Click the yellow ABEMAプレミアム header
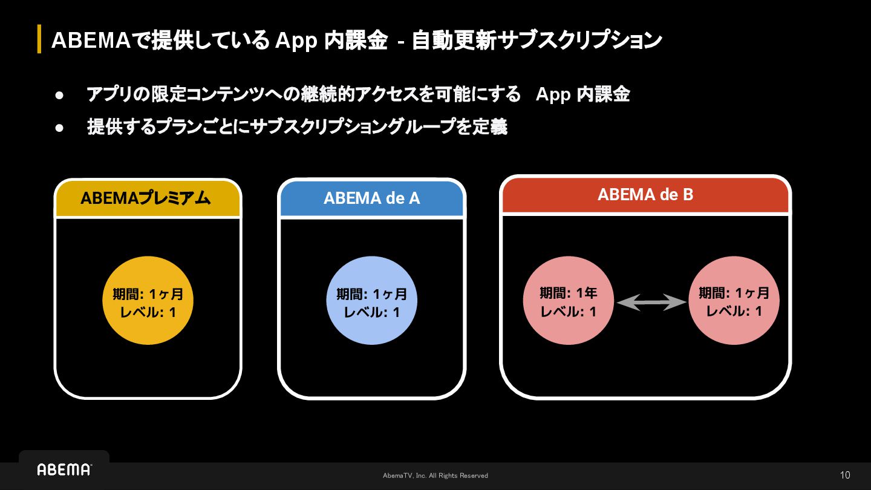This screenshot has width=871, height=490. [x=148, y=198]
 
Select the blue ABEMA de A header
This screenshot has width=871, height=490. [x=371, y=198]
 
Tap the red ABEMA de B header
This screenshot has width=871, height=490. [x=645, y=195]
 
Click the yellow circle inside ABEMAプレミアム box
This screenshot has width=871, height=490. [x=148, y=301]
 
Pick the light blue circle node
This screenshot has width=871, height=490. [x=371, y=301]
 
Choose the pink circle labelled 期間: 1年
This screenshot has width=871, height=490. [x=568, y=301]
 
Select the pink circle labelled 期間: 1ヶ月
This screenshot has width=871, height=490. [x=734, y=301]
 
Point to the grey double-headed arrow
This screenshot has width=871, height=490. [x=651, y=301]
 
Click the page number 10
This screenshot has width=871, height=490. [x=845, y=475]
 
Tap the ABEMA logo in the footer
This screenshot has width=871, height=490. [x=64, y=469]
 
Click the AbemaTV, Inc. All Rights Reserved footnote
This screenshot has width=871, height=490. [x=435, y=475]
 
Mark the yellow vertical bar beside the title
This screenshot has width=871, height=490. [x=39, y=39]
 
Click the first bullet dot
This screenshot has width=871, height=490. [x=59, y=95]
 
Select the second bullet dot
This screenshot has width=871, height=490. [x=59, y=128]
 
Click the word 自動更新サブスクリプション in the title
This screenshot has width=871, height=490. [x=537, y=41]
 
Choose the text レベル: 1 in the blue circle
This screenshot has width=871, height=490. [x=371, y=313]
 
